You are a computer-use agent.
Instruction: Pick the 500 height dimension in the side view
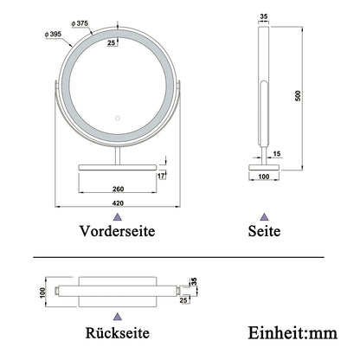[x=299, y=96]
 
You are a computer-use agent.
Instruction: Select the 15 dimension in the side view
[x=277, y=154]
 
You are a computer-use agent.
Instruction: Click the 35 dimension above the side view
[x=263, y=16]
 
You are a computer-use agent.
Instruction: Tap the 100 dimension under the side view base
[x=263, y=178]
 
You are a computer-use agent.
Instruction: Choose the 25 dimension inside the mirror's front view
[x=112, y=42]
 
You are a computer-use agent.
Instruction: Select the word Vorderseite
[x=119, y=232]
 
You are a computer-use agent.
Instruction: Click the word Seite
[x=264, y=232]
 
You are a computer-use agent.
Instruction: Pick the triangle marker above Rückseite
[x=119, y=315]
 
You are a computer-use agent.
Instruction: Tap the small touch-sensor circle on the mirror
[x=119, y=117]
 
